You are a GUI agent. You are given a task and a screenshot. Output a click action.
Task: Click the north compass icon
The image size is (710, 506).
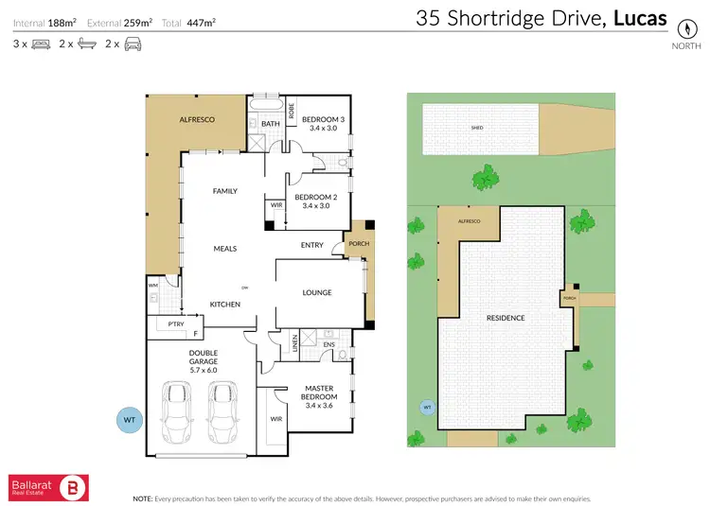pos(681,27)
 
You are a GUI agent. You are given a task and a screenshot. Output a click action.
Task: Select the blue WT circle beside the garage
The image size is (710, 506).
pos(130,418)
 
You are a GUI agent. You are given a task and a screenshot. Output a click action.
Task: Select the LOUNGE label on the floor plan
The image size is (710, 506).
pos(317,293)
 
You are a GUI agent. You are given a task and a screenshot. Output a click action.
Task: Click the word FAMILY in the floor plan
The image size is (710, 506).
pos(224,191)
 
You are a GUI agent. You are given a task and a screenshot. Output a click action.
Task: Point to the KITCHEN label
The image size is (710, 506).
pos(224,304)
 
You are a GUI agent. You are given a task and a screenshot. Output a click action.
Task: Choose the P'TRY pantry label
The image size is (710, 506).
pos(175,323)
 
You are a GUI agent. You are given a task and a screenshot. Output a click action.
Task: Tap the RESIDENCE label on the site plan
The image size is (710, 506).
pos(506,318)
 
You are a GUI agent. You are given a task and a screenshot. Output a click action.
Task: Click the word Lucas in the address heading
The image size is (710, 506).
pos(640,18)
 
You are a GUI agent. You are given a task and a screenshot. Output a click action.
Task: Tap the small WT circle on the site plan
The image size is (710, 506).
pos(427,408)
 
